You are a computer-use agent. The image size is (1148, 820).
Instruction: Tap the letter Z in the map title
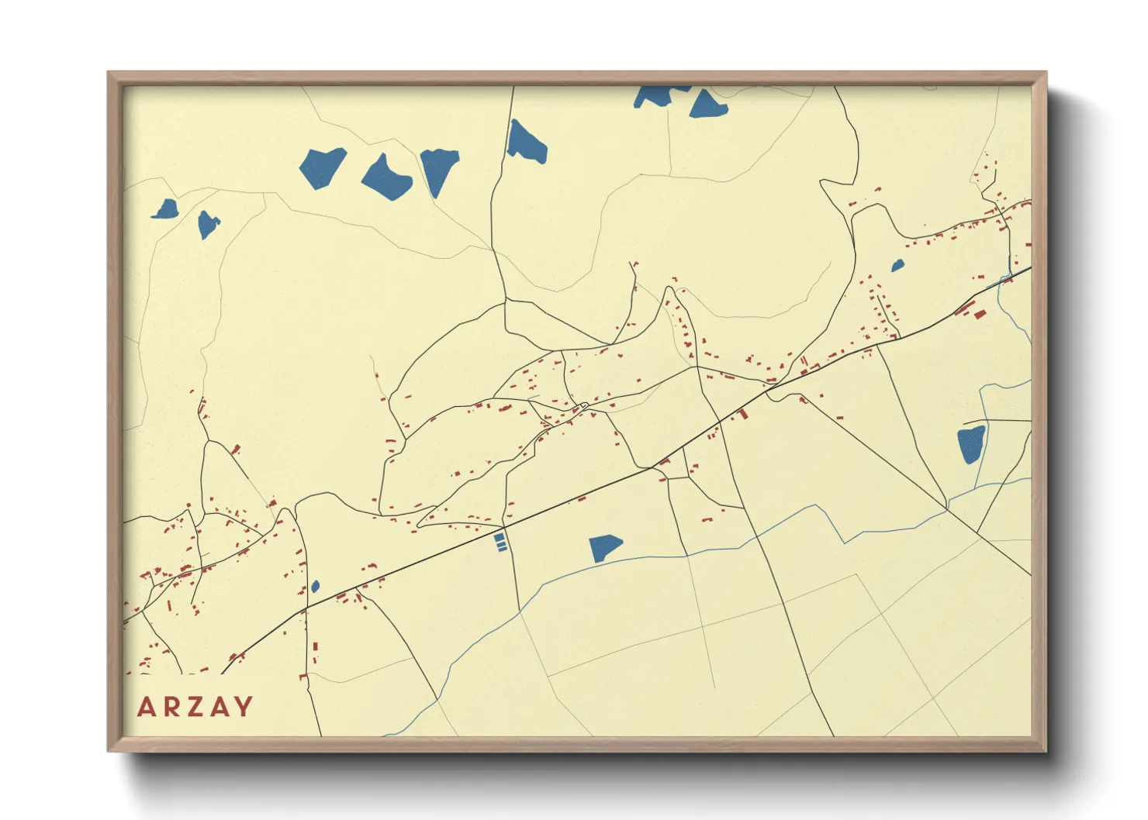click(x=196, y=707)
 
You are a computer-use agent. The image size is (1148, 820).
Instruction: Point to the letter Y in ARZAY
click(x=244, y=707)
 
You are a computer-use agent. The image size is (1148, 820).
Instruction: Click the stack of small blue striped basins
click(x=500, y=542)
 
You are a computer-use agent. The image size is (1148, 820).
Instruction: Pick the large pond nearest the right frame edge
click(x=971, y=443)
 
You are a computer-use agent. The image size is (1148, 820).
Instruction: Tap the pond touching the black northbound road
click(x=526, y=142)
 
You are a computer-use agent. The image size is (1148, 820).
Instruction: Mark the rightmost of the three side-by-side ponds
click(x=439, y=170)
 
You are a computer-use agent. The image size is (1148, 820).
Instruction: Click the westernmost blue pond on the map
click(x=165, y=209)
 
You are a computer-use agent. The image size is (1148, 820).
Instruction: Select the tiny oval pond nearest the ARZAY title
click(x=315, y=587)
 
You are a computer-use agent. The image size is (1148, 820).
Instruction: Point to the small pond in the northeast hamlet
click(x=897, y=265)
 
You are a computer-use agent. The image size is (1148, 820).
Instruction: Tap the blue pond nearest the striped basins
click(x=603, y=547)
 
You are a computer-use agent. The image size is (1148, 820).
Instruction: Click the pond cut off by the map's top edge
click(x=656, y=95)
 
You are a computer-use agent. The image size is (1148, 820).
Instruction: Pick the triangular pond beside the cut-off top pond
click(x=707, y=105)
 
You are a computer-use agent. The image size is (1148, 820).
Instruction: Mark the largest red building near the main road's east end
click(x=979, y=314)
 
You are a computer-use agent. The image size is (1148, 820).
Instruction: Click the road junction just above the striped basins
click(x=504, y=526)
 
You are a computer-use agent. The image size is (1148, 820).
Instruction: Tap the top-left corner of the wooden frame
click(x=109, y=73)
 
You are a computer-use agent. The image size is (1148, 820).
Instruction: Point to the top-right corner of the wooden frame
click(x=1046, y=73)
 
